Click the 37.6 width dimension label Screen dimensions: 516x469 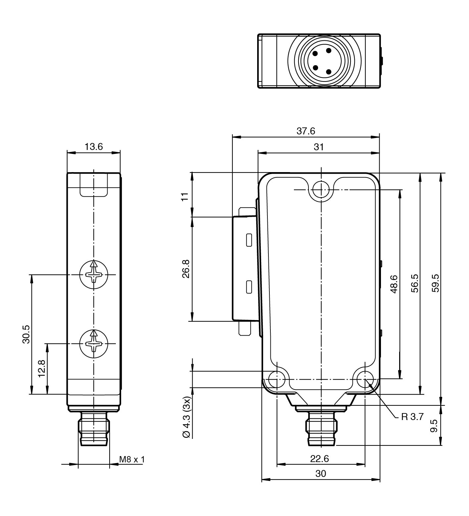305,131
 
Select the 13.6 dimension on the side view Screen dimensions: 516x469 94,147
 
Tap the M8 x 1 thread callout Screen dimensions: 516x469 132,459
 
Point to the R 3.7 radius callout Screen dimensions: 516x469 412,417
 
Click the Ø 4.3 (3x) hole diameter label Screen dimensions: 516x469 187,417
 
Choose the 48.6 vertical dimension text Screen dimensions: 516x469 394,284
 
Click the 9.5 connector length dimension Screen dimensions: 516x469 434,426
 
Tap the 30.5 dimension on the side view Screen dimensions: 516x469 26,334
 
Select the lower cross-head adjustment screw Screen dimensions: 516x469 94,344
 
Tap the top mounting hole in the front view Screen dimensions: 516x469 320,190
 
